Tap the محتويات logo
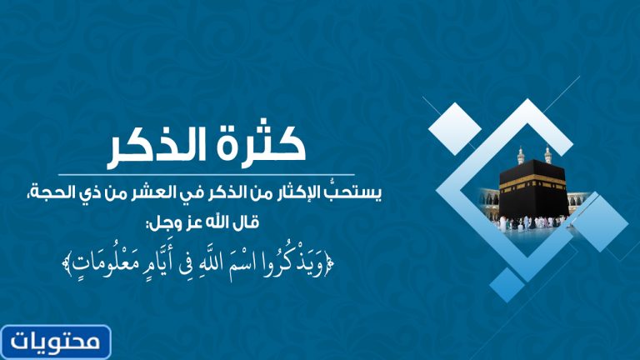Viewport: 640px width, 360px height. [x=57, y=342]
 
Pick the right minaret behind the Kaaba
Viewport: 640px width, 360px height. [x=547, y=155]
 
